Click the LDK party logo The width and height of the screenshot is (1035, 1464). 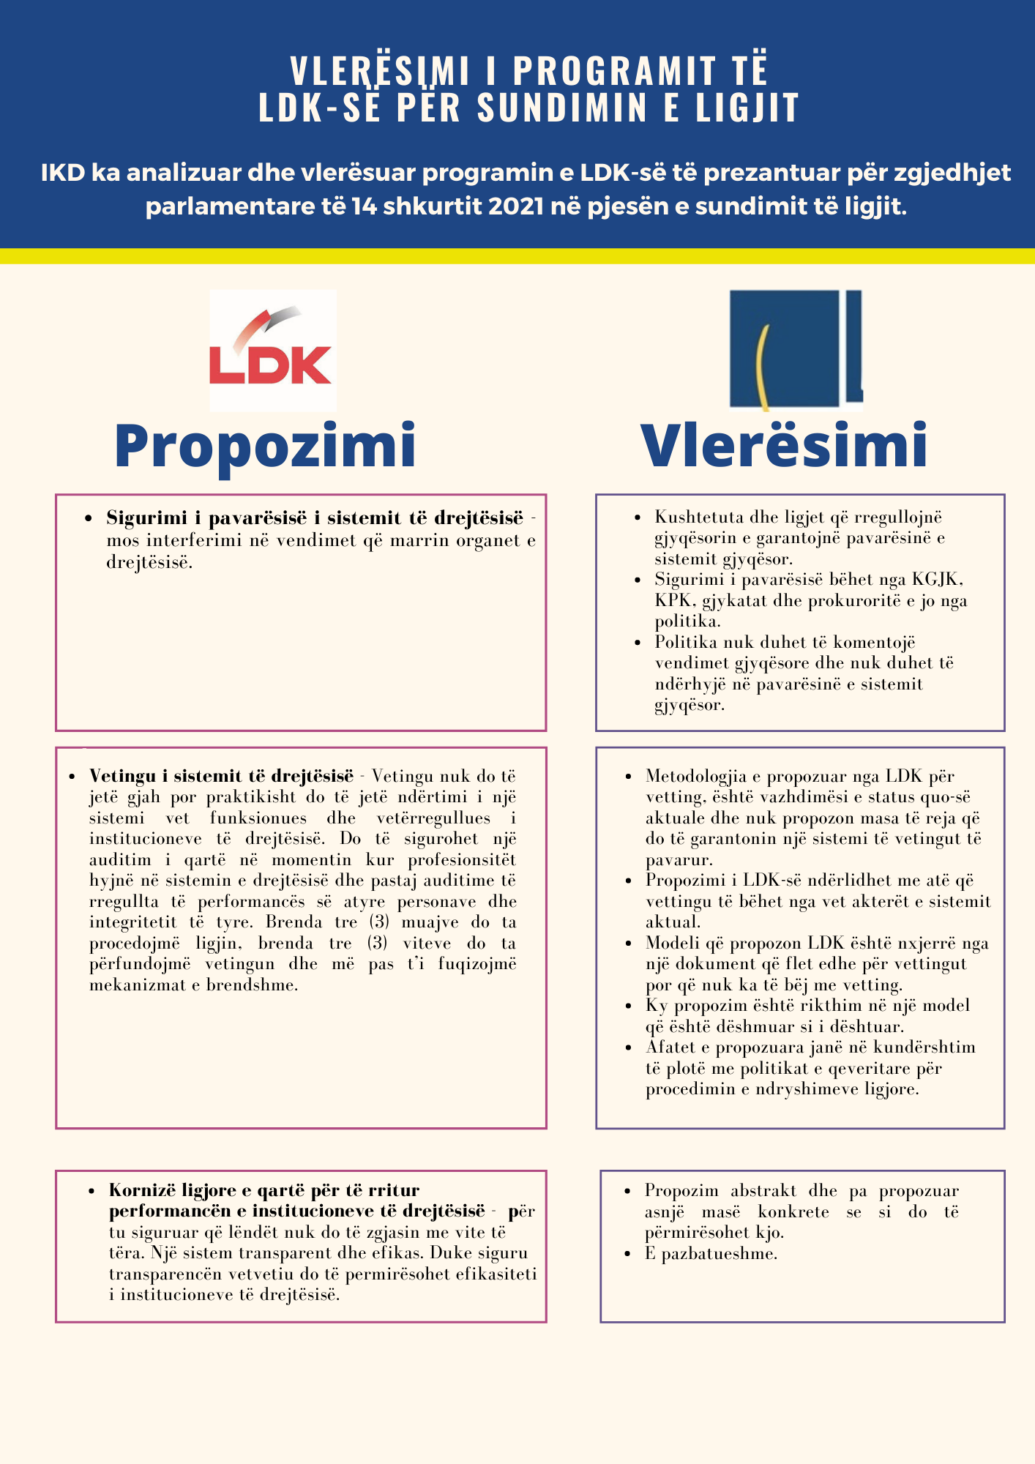click(272, 350)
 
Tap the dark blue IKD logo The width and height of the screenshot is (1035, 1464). click(795, 350)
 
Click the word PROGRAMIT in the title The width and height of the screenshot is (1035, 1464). click(613, 71)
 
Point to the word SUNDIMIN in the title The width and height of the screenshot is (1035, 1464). click(562, 108)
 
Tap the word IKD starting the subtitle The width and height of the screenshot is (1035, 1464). click(63, 173)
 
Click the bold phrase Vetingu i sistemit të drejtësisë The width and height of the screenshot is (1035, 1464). click(221, 776)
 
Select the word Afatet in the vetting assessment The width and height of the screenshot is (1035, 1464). click(669, 1047)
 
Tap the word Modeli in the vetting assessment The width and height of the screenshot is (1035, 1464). click(669, 944)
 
